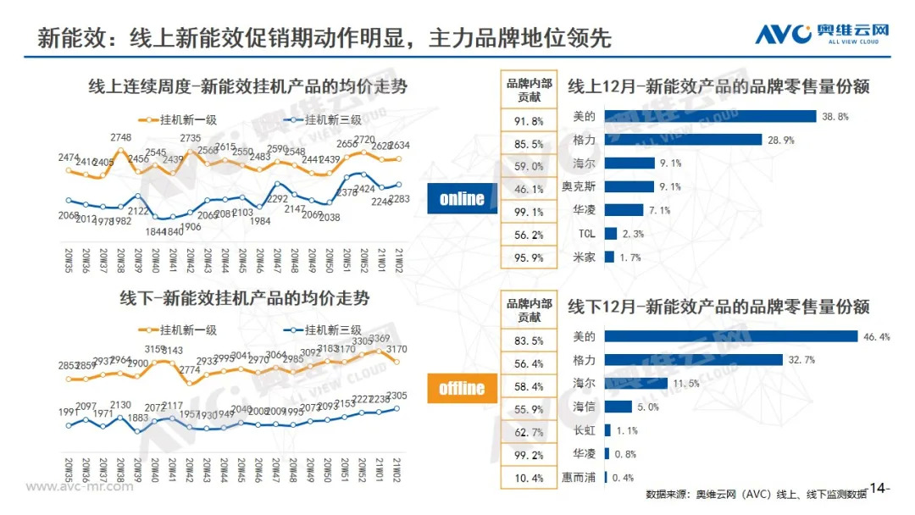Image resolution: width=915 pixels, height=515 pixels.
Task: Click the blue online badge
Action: (x=462, y=199)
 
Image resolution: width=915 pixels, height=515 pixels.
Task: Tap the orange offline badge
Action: (x=462, y=388)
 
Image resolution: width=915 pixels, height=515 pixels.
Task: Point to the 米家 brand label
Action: (x=584, y=257)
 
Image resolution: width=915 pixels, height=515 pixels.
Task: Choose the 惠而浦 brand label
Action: (x=579, y=478)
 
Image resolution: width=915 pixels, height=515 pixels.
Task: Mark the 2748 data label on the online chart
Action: (x=120, y=138)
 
